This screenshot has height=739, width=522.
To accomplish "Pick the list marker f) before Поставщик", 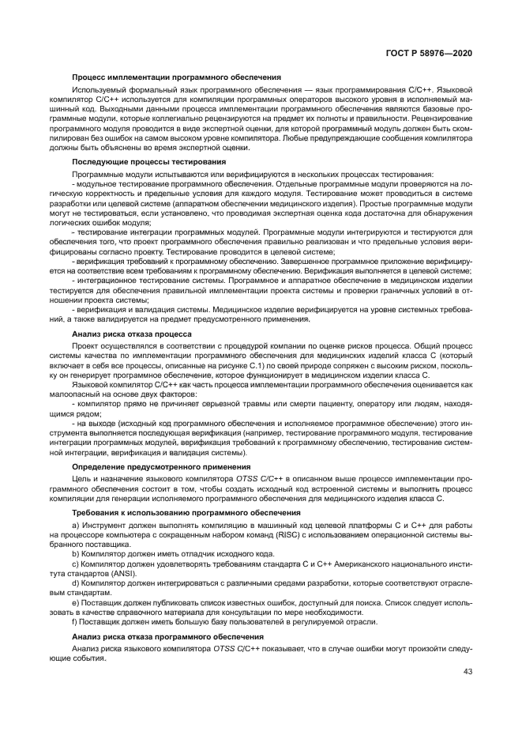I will [75, 620].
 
